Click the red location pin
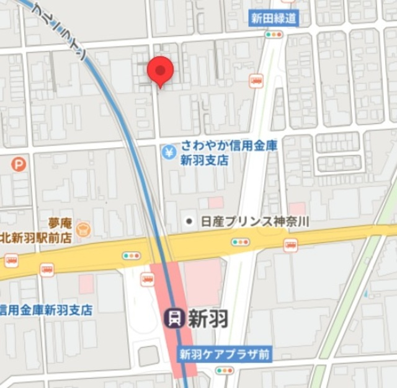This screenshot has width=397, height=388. [161, 71]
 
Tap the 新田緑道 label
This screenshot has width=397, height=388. [274, 18]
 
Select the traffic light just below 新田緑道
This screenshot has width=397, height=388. [274, 35]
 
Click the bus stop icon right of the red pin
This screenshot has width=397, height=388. [256, 79]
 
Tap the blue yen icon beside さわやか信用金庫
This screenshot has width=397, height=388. [169, 152]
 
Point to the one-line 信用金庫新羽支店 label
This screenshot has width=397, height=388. [46, 309]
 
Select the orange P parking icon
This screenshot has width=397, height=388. [19, 164]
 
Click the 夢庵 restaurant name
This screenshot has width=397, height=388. [61, 222]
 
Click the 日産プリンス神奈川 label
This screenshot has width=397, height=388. [255, 221]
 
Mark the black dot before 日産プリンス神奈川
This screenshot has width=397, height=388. [189, 221]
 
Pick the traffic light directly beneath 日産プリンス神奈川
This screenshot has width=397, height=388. [241, 241]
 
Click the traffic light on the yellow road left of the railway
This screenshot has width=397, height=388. [132, 255]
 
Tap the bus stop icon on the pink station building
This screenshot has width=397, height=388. [148, 279]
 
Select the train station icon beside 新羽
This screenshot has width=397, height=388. [174, 319]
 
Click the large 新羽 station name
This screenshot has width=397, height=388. [208, 319]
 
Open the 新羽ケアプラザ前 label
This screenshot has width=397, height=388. [225, 355]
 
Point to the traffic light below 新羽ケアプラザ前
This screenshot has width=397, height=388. [225, 371]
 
